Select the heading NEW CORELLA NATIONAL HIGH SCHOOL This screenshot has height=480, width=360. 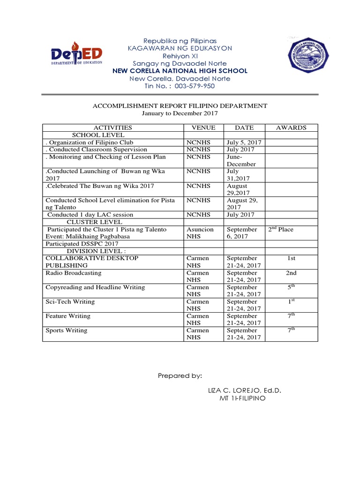(180, 71)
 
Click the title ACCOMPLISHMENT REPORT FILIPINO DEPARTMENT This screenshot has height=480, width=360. (180, 105)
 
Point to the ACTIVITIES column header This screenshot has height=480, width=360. (113, 127)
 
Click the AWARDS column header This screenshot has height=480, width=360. (291, 127)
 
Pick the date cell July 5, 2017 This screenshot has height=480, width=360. (244, 142)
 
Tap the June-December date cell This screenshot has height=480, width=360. (242, 161)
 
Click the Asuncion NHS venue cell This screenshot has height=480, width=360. (200, 233)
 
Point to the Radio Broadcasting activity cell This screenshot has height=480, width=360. (73, 273)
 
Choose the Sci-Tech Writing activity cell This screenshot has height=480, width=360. (70, 302)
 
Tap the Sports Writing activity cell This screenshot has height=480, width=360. (67, 330)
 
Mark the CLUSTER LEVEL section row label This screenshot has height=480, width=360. (95, 222)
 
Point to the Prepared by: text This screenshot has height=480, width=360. (180, 376)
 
